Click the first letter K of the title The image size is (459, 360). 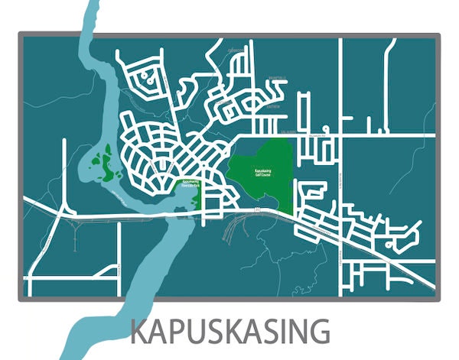pos(140,332)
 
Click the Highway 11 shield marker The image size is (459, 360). pos(257,209)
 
